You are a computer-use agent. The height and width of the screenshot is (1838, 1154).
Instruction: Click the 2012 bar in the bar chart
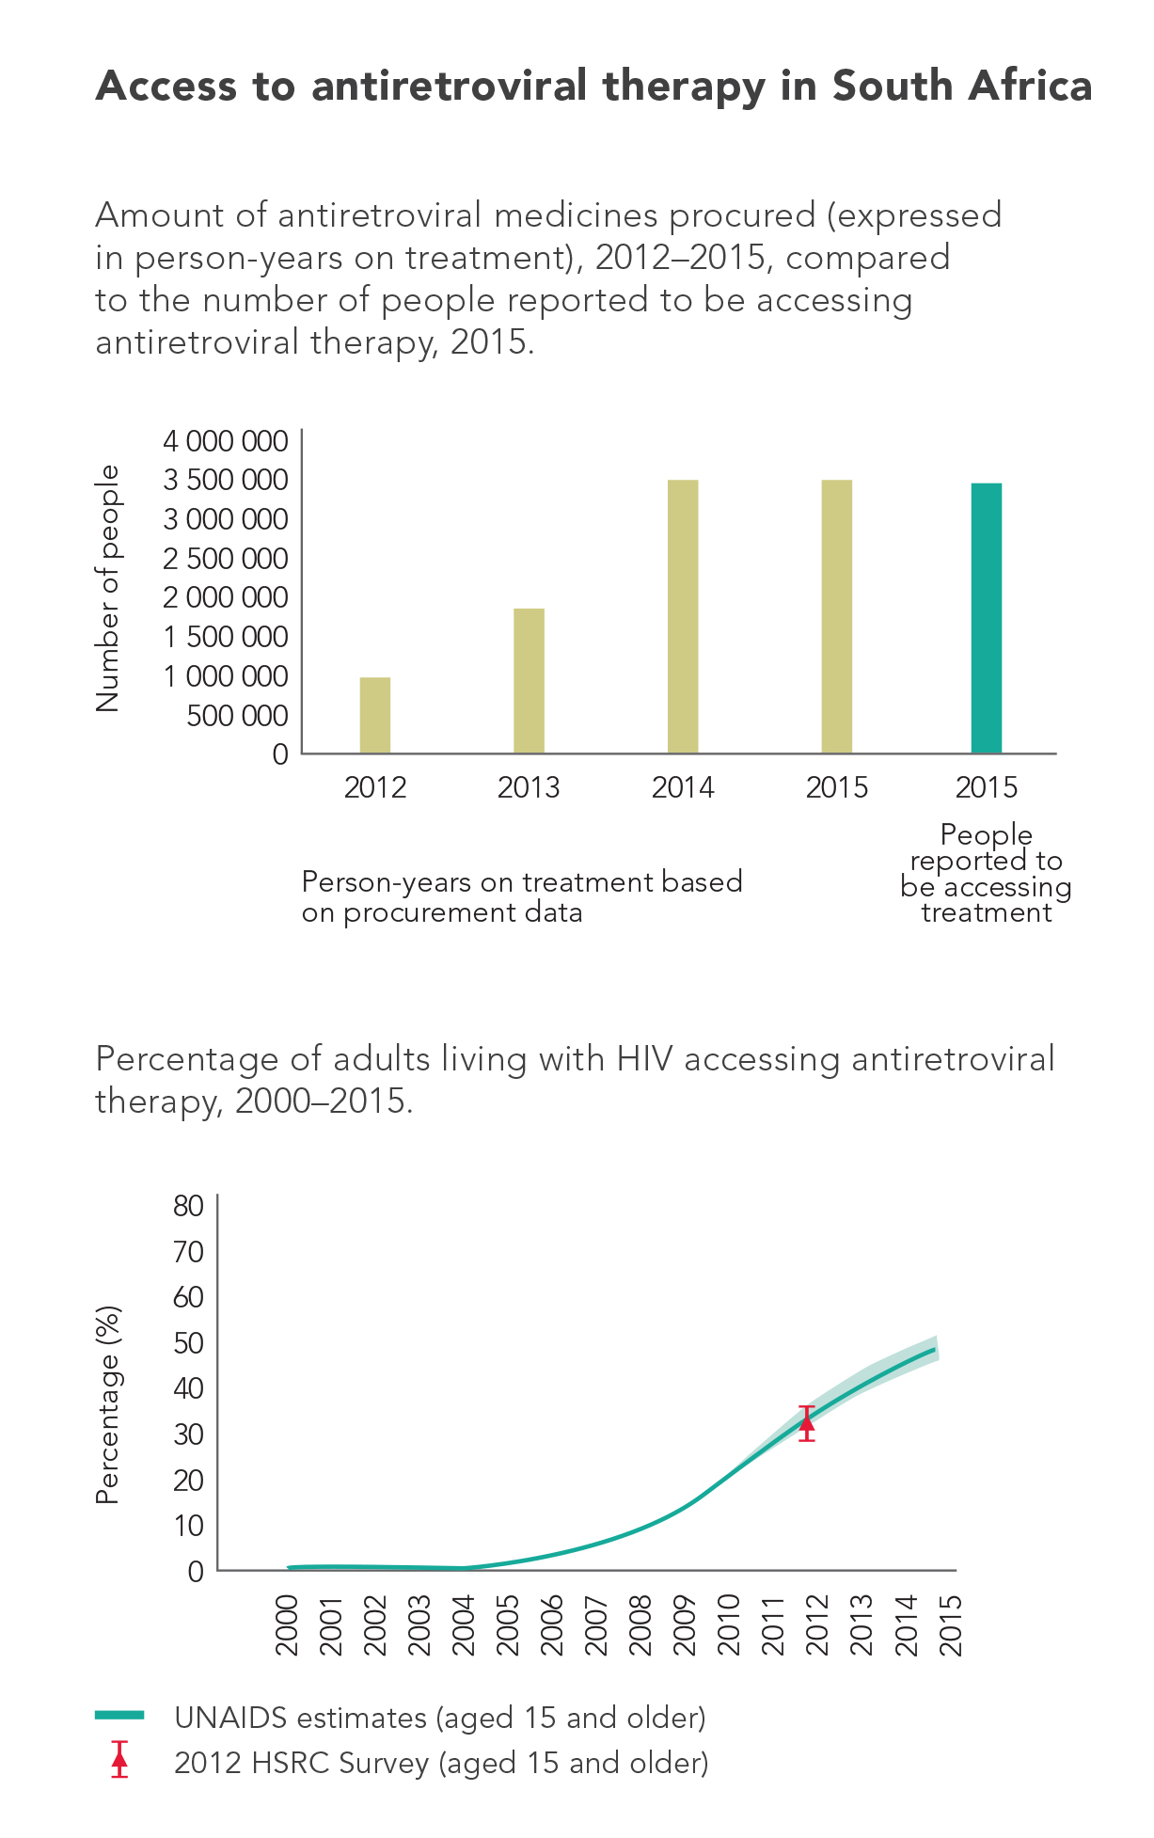tap(375, 715)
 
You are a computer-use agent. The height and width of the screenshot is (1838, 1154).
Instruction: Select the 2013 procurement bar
tap(529, 681)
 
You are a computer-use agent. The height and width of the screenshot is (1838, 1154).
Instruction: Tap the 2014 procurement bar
tap(683, 616)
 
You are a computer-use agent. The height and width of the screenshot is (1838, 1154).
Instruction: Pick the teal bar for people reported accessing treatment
tap(987, 618)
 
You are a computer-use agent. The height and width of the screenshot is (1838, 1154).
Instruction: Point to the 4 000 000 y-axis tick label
tap(226, 441)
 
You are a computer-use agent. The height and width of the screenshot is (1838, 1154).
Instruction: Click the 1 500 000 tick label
tap(226, 637)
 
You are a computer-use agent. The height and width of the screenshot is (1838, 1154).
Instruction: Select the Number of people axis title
tap(108, 589)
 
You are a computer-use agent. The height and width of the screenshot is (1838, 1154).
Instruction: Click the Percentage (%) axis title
tap(108, 1405)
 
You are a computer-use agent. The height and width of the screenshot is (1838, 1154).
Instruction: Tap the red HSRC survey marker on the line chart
tap(807, 1422)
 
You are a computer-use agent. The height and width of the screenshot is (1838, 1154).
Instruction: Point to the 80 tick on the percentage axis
tap(188, 1206)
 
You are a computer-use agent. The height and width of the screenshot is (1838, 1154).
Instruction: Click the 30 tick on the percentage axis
tap(188, 1434)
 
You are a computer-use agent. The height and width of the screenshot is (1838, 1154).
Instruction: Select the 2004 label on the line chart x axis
tap(464, 1625)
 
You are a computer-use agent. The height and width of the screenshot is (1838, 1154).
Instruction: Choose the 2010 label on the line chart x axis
tap(729, 1625)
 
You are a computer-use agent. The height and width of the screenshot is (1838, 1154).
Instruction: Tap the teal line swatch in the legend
tap(119, 1716)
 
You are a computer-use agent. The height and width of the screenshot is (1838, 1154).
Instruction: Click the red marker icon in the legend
tap(119, 1760)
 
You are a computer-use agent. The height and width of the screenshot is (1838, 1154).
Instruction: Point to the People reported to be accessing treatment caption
tap(986, 874)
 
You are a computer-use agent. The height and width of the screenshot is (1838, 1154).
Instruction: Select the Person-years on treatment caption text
tap(522, 896)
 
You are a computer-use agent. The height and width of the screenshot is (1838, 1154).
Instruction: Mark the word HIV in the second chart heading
tap(644, 1059)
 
